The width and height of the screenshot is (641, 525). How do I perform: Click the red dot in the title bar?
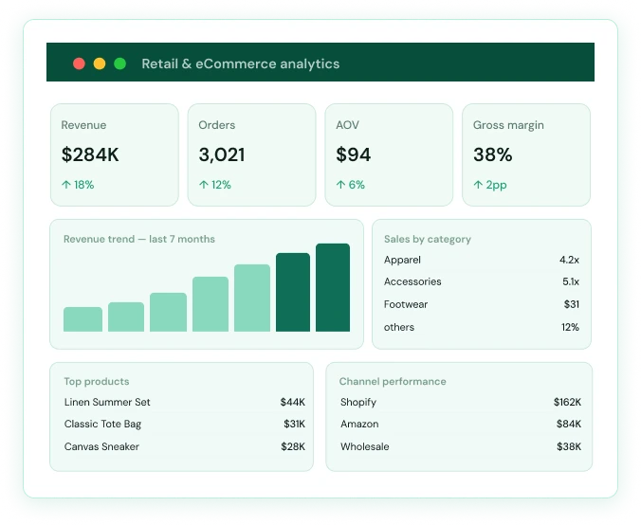[x=79, y=63]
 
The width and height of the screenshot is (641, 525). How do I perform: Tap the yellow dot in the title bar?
[x=100, y=63]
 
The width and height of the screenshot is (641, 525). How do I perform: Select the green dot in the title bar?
[x=119, y=63]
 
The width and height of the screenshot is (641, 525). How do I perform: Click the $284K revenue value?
[x=90, y=154]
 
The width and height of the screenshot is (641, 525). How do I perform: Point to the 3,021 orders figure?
[x=222, y=155]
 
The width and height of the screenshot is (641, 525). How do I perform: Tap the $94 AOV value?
[x=353, y=154]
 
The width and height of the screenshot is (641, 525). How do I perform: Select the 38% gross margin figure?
[x=493, y=154]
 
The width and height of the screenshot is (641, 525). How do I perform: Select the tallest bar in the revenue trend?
[x=333, y=288]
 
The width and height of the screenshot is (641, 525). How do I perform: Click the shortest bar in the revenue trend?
[x=83, y=319]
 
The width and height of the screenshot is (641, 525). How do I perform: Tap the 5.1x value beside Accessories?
[x=571, y=281]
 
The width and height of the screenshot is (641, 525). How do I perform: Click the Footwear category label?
[x=406, y=304]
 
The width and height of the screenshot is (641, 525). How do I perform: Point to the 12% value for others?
[x=570, y=327]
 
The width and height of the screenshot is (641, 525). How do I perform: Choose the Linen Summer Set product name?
[x=107, y=402]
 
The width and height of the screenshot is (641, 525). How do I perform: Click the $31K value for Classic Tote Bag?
[x=294, y=425]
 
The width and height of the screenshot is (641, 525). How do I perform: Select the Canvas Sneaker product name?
[x=101, y=446]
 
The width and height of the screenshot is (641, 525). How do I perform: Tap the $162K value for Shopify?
[x=567, y=402]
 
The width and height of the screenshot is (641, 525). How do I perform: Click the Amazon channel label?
[x=359, y=425]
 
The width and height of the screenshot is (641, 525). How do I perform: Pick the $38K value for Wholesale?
[x=569, y=446]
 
